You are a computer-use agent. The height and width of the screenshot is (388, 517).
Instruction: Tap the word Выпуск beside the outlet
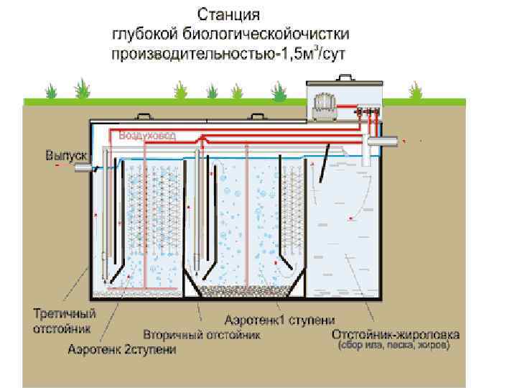click(x=66, y=155)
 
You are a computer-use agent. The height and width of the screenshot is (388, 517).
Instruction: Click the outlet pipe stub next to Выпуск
click(x=87, y=167)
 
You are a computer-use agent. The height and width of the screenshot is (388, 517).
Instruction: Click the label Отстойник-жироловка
click(x=396, y=335)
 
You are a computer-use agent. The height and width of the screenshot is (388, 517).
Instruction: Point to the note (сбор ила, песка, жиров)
click(x=395, y=346)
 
